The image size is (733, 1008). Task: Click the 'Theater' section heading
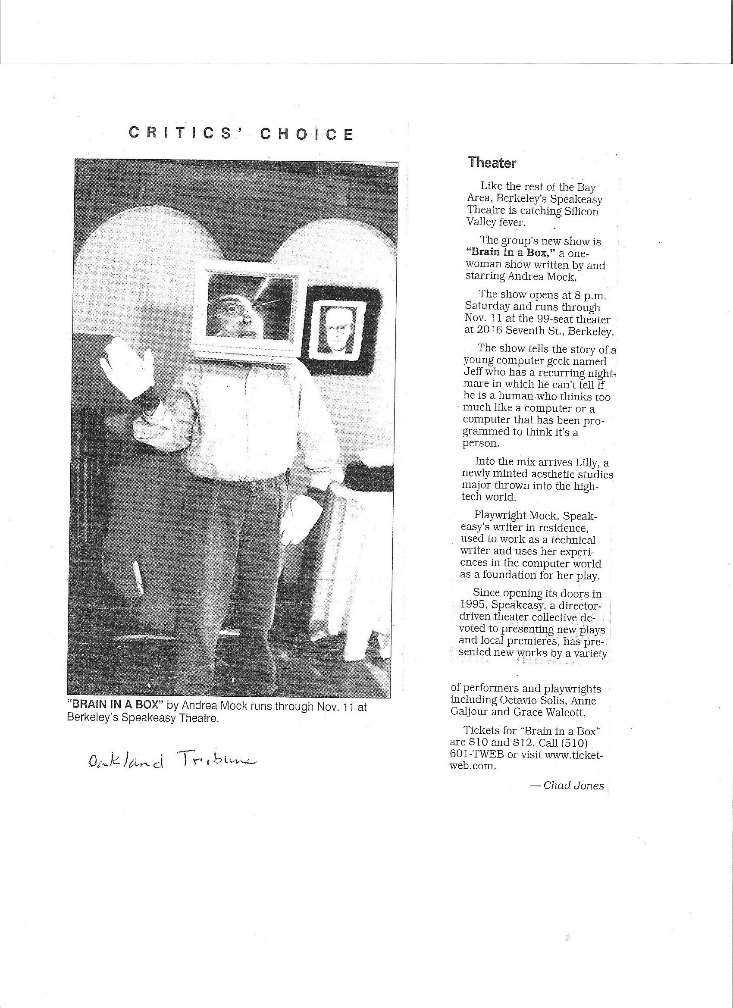pos(492,163)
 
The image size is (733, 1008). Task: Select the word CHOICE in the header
pos(307,134)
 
